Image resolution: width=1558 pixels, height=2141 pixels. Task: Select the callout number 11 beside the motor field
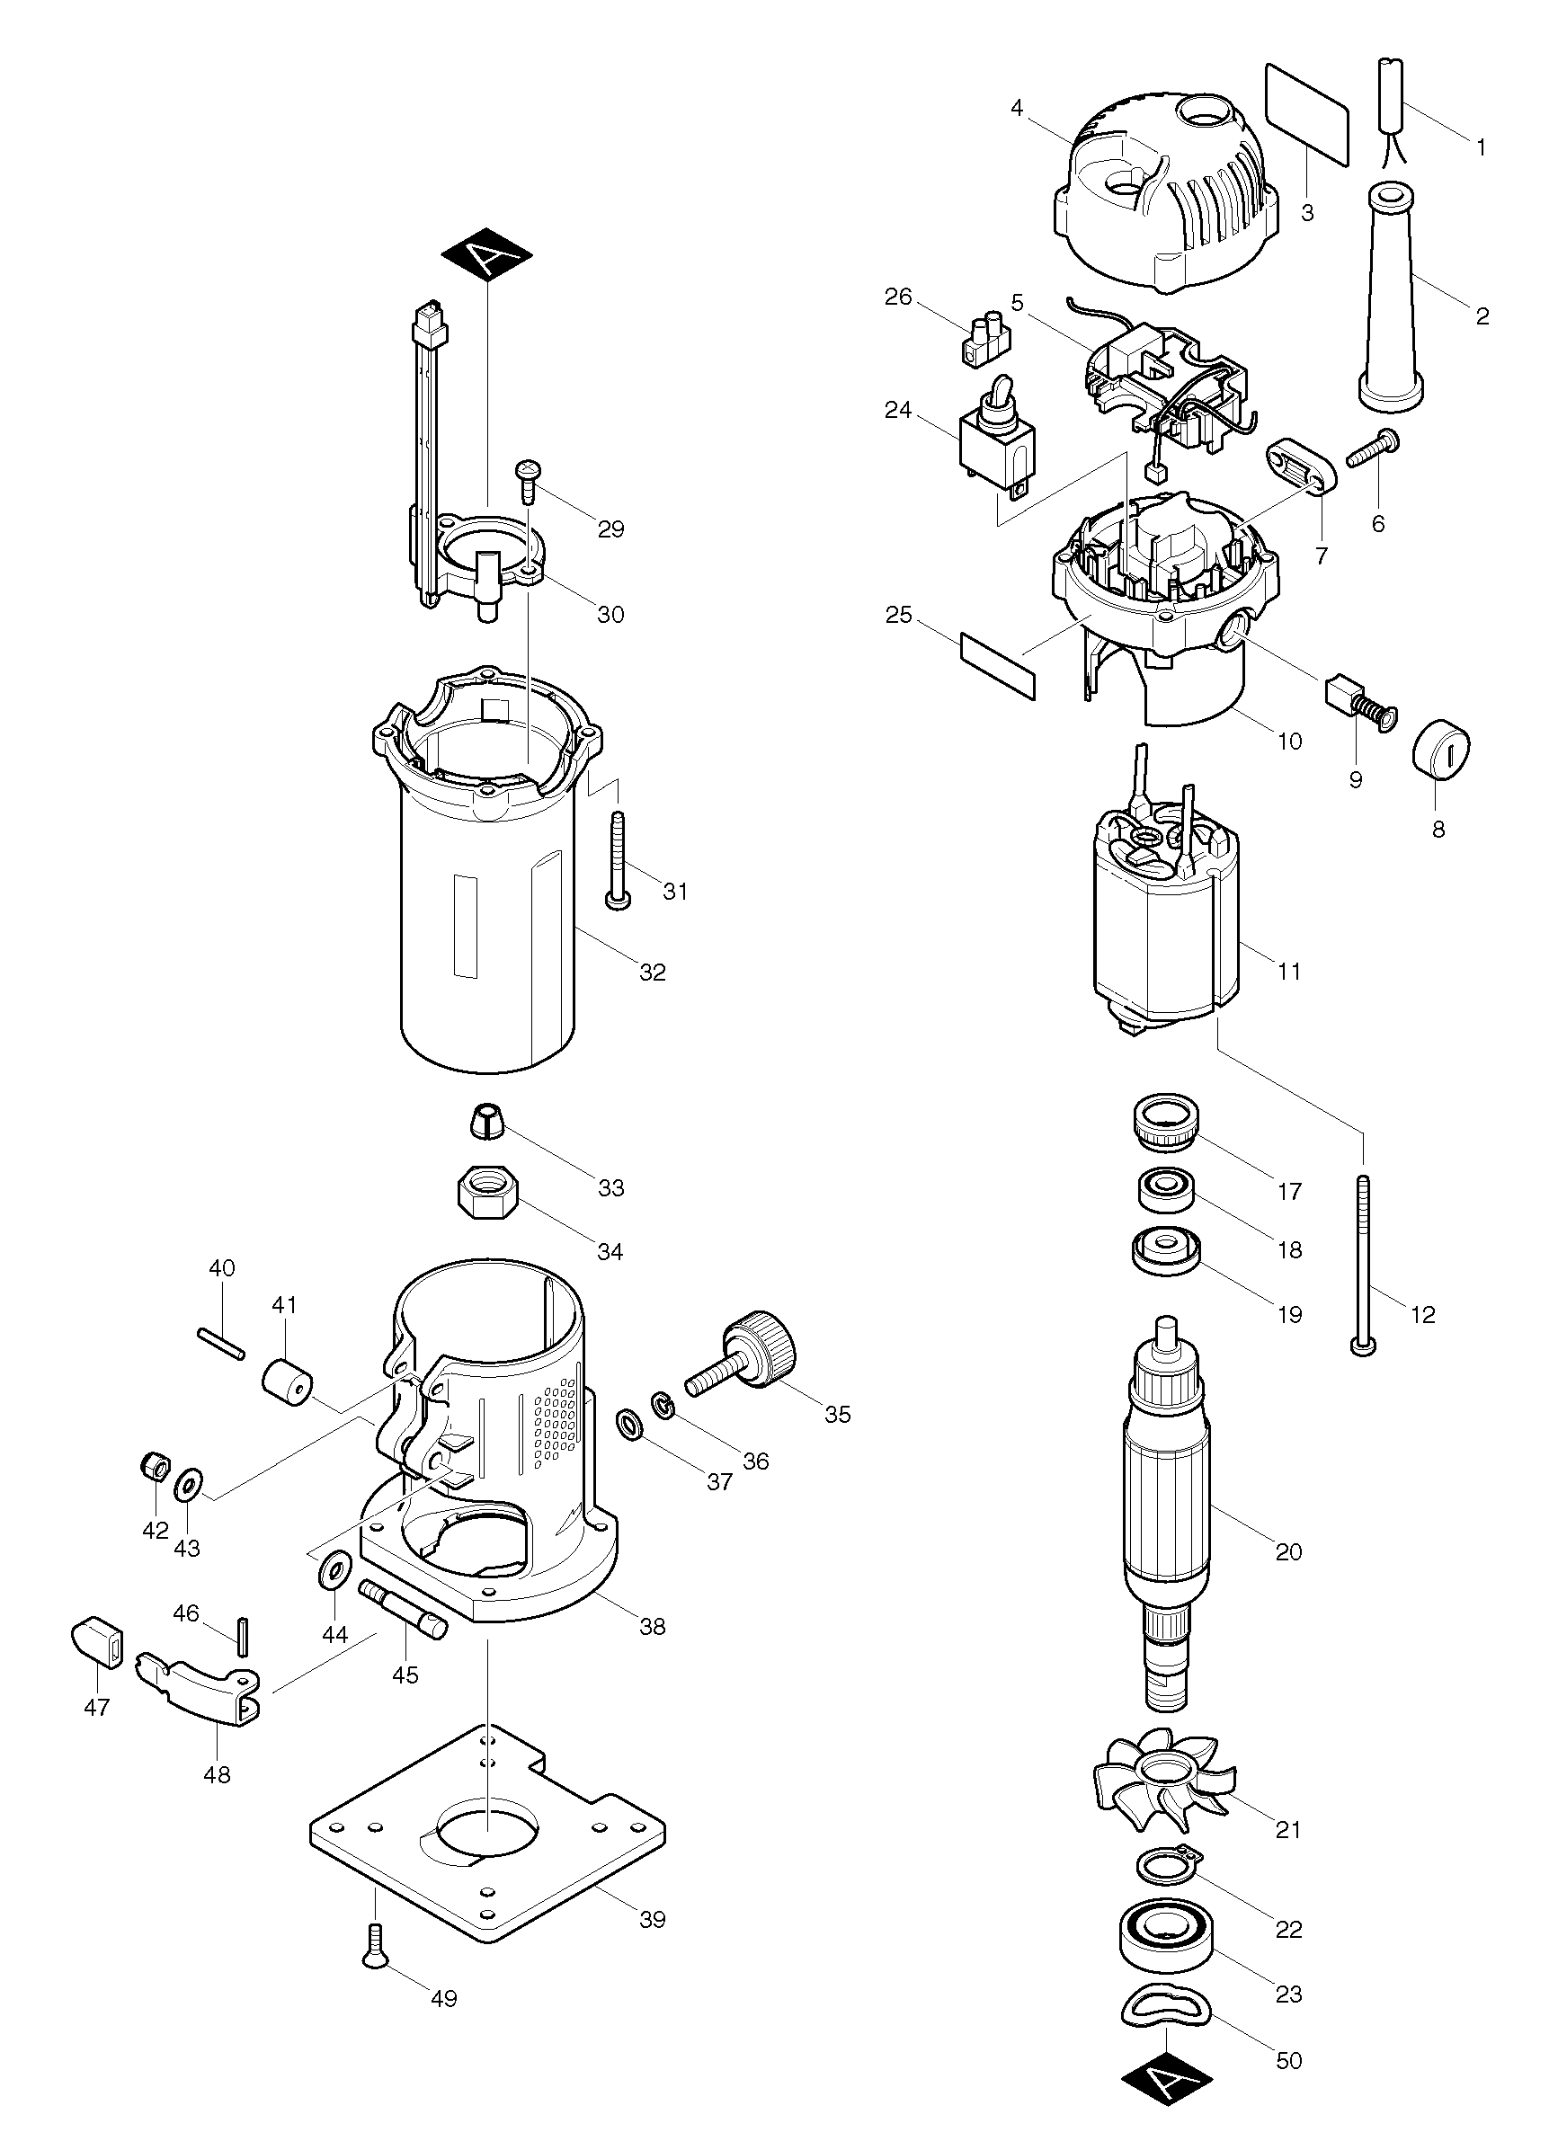pyautogui.click(x=1289, y=971)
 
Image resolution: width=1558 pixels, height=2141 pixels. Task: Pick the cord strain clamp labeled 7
pyautogui.click(x=1298, y=466)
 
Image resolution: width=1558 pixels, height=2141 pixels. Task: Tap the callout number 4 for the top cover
pyautogui.click(x=1016, y=108)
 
